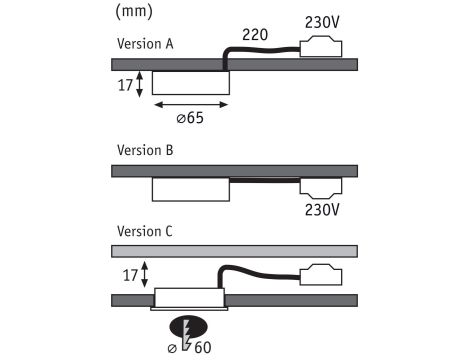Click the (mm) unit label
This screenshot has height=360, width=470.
[x=134, y=11]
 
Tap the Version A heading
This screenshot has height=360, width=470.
[x=145, y=44]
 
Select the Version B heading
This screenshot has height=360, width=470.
[x=145, y=150]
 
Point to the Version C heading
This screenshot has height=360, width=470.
[x=145, y=231]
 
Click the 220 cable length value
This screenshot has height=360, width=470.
[x=255, y=35]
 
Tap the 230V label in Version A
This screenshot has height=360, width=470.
[x=322, y=22]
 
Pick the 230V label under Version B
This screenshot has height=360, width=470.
[x=322, y=210]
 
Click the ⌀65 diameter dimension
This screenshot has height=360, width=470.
[x=190, y=118]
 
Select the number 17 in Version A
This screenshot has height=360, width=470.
[x=125, y=85]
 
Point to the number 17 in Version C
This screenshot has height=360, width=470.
[x=130, y=275]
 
